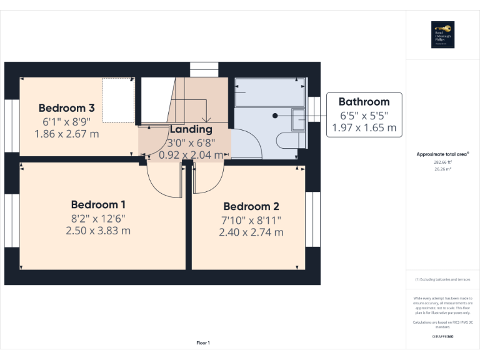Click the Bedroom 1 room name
tap(98, 204)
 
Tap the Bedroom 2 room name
tap(251, 206)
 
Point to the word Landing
tap(191, 129)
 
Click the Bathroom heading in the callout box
tap(364, 101)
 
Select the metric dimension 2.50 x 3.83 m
tap(98, 231)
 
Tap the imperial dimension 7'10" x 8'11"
tap(251, 219)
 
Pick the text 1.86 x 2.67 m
tap(67, 133)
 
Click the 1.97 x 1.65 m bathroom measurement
tap(364, 127)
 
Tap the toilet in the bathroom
tap(294, 139)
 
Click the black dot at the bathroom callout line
tap(275, 115)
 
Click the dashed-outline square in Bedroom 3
tap(119, 100)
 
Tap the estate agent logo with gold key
tap(442, 34)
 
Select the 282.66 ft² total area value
tap(442, 162)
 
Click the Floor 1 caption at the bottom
tap(203, 342)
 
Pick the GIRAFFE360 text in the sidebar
tap(442, 336)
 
